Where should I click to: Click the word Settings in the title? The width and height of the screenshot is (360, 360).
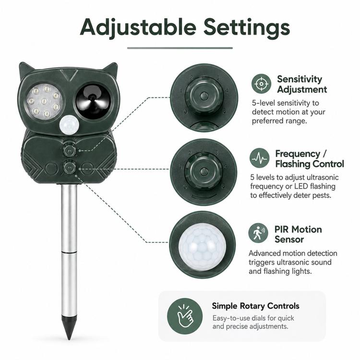point(247,28)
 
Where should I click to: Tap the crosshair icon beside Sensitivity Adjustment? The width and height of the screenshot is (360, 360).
point(261,84)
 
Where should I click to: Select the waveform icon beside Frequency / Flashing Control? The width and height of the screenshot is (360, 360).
point(259,158)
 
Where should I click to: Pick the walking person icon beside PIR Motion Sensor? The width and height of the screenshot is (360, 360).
point(258,233)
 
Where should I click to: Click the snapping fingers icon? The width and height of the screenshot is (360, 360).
point(185,316)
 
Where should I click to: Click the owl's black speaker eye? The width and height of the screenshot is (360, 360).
point(93,101)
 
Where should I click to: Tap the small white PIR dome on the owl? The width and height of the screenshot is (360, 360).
point(69,126)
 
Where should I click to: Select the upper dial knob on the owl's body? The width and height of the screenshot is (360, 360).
point(69,150)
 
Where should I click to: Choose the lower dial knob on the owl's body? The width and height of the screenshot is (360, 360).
point(69,168)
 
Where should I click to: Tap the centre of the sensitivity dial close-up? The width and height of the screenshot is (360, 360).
point(204,96)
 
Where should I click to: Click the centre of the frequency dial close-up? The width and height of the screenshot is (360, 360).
point(203,171)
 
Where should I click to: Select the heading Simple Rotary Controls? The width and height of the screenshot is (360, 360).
point(255,306)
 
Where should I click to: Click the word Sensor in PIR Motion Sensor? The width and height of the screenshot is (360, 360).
point(289,240)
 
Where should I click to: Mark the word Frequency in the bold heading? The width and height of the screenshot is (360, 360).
point(298,154)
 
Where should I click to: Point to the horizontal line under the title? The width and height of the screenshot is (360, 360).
point(180,48)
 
